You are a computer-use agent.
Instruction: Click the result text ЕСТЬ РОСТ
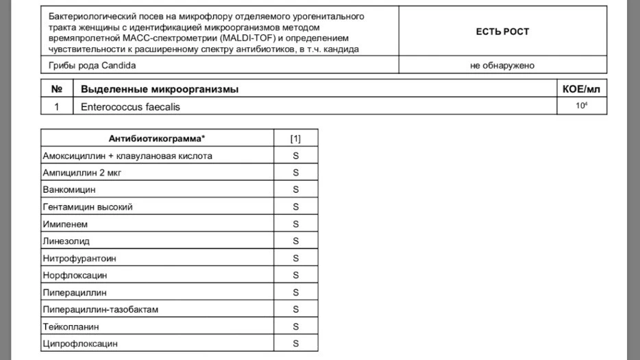[x=502, y=32]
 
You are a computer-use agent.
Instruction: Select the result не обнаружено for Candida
[x=502, y=66]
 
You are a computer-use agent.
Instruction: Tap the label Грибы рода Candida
[x=92, y=66]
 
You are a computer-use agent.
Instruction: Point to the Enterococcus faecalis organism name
[x=131, y=107]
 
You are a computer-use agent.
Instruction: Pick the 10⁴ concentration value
[x=582, y=106]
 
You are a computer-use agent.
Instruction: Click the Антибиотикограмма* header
[x=157, y=139]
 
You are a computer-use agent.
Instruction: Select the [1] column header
[x=295, y=139]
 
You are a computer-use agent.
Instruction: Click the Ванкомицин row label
[x=69, y=189]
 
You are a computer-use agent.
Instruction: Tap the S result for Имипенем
[x=296, y=224]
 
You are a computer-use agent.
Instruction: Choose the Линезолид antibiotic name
[x=66, y=241]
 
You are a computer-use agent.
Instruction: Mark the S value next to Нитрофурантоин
[x=296, y=258]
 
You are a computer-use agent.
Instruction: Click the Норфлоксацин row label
[x=75, y=275]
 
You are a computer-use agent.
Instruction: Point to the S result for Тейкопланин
[x=296, y=326]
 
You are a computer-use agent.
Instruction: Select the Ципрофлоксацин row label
[x=79, y=344]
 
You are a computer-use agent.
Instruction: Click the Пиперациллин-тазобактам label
[x=100, y=309]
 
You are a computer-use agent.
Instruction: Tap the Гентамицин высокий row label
[x=87, y=206]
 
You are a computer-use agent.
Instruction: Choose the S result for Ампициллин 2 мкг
[x=296, y=173]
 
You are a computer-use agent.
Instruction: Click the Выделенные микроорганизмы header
[x=160, y=90]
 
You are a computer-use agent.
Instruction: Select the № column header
[x=57, y=90]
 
